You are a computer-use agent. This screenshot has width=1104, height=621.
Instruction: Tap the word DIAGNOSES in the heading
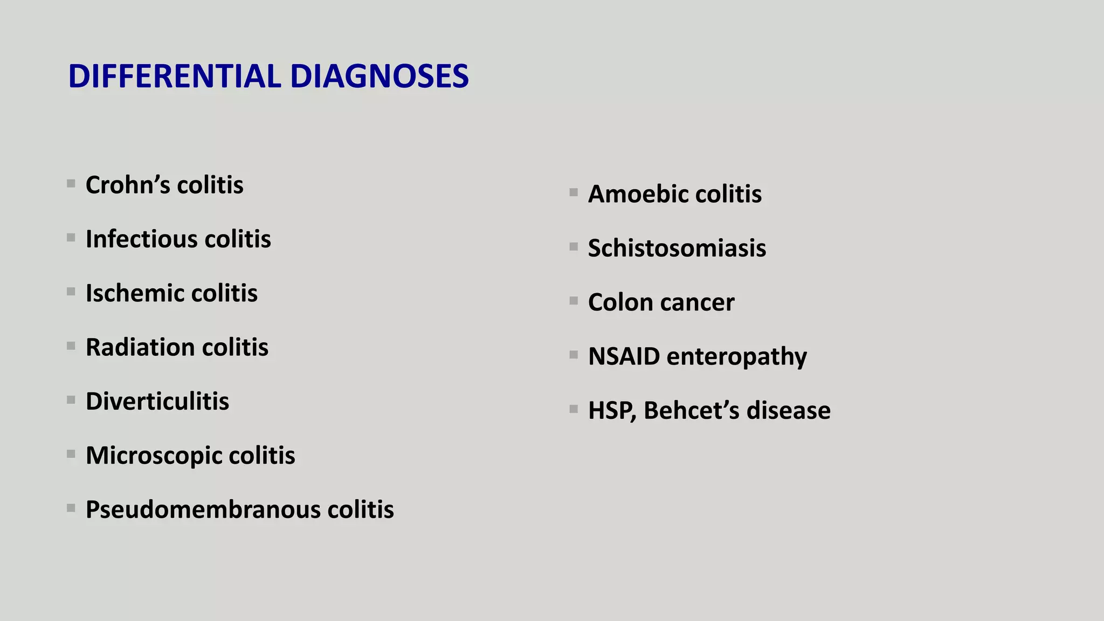pos(379,76)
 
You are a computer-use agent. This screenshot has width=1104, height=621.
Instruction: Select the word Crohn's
pos(128,185)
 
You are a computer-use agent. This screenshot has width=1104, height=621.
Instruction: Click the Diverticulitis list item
pos(157,401)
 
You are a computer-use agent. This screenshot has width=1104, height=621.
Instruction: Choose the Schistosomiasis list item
pos(677,248)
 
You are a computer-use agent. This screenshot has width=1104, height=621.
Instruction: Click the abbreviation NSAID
pos(624,356)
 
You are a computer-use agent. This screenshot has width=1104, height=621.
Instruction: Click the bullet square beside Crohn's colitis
pos(71,184)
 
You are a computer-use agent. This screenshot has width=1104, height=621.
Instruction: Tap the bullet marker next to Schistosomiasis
pos(574,247)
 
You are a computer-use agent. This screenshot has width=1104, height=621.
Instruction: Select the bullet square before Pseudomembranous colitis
pos(71,508)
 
